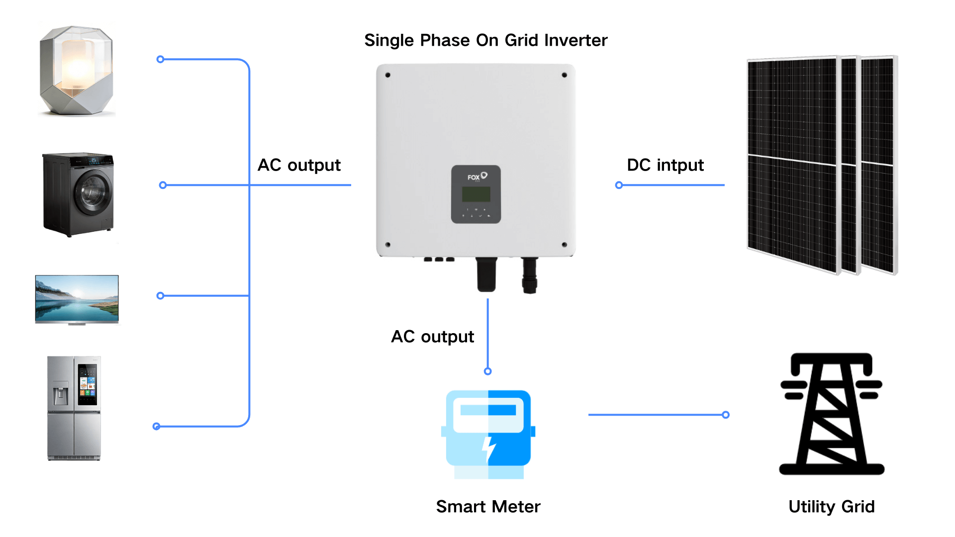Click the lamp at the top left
[x=77, y=71]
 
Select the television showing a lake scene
[x=77, y=299]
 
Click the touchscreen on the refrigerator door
[x=88, y=384]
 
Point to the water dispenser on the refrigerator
[x=61, y=394]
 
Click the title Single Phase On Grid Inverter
[x=485, y=40]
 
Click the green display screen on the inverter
[x=476, y=194]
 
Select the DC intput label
[x=665, y=165]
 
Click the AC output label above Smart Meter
[x=432, y=337]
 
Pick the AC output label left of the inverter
[x=299, y=165]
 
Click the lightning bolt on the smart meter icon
[x=489, y=448]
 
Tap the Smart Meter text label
[x=488, y=507]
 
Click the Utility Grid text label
[x=831, y=507]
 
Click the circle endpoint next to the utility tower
[x=726, y=415]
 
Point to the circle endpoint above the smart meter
[x=488, y=371]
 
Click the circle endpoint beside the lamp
[x=160, y=60]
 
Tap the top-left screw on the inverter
[x=388, y=76]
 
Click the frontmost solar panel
[x=792, y=164]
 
